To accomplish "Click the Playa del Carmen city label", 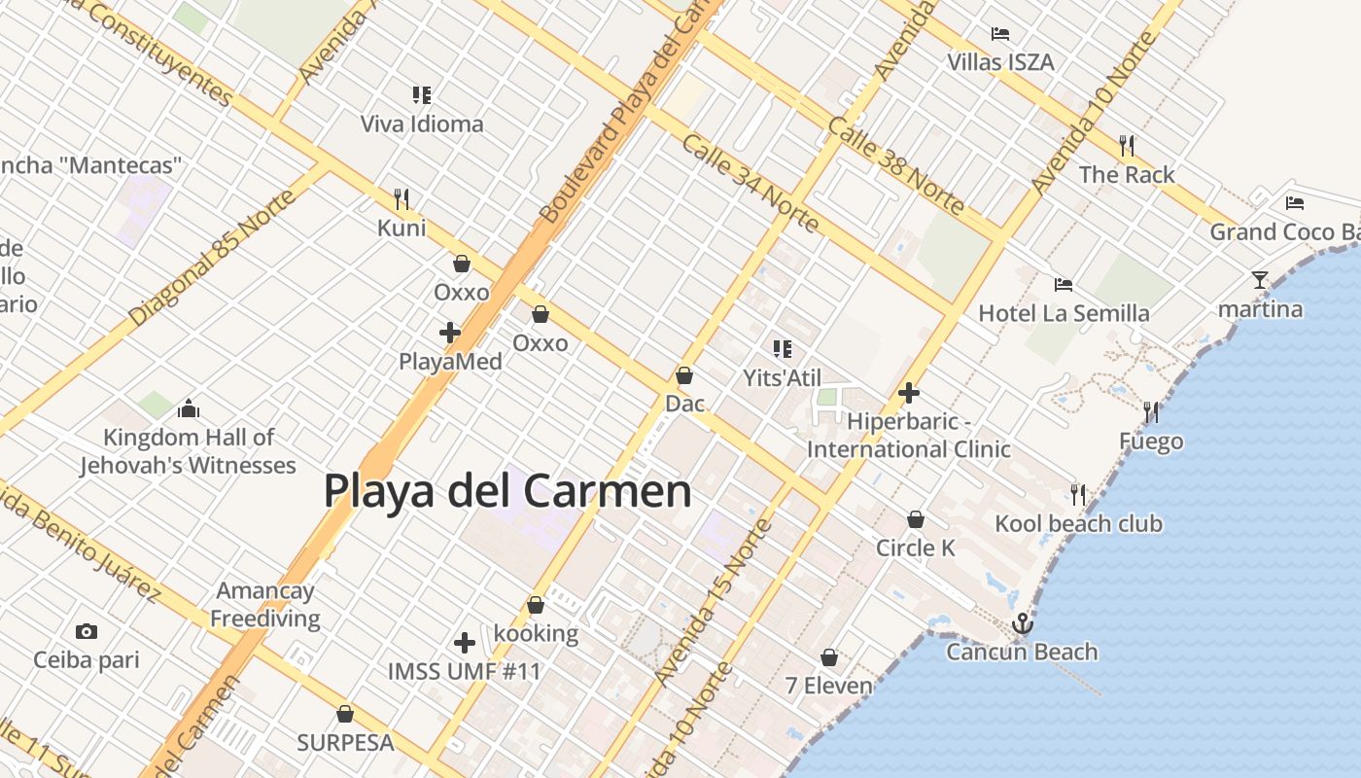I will tap(506, 491).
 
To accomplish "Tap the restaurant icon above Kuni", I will tap(401, 199).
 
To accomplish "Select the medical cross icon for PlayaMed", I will tap(449, 333).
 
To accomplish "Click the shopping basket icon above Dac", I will tap(684, 375).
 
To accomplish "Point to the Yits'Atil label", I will tap(782, 378).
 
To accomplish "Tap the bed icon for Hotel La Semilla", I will tap(1064, 285).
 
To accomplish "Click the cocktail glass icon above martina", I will tap(1260, 281).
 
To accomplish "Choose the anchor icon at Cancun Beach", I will tap(1022, 623).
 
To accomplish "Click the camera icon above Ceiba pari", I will tap(87, 632).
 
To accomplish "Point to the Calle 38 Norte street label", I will tap(895, 166).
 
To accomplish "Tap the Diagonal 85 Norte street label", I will tap(212, 259).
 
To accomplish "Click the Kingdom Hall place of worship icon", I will tap(189, 408).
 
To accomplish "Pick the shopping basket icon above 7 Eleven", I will tap(829, 658).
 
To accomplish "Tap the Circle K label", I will tap(916, 548).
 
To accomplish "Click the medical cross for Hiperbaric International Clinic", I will tap(909, 393).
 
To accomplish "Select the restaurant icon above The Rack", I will tap(1127, 146).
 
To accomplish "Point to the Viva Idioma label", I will tap(422, 124).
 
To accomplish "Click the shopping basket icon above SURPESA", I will tap(345, 714).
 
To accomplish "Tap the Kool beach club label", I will tap(1078, 524).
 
